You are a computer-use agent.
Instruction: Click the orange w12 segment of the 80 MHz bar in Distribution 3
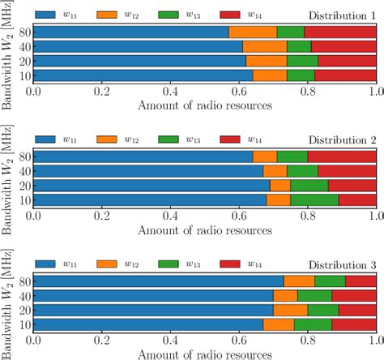299,281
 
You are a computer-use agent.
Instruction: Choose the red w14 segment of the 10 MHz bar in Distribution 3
354,324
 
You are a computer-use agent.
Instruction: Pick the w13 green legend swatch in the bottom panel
176,264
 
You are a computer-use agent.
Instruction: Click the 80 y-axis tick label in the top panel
23,32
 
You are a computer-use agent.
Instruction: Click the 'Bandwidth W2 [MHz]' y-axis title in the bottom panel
7,302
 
